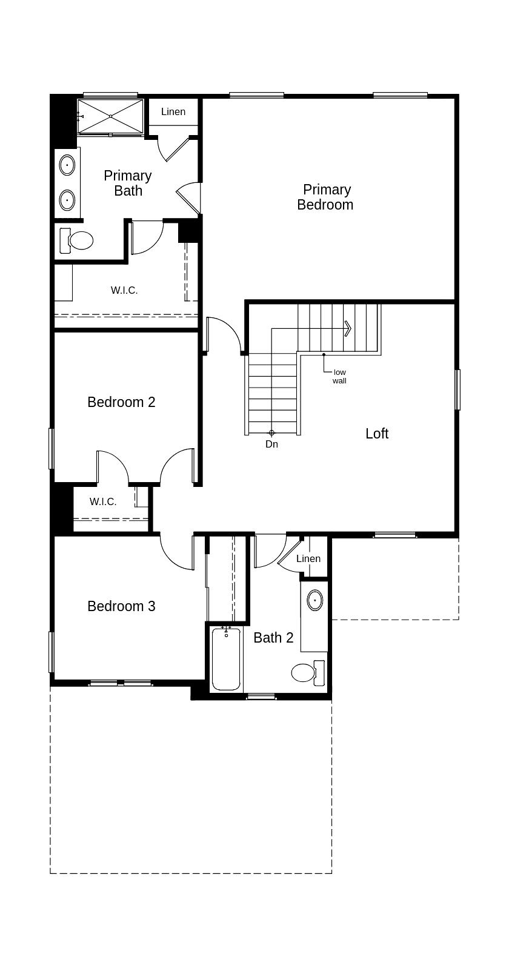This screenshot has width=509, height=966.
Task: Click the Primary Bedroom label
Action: pos(325,197)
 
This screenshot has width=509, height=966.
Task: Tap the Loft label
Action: pos(377,434)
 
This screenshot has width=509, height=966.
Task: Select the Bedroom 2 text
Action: pos(121,402)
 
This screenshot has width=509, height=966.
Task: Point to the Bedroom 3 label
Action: pos(121,606)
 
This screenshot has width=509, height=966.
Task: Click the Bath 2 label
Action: pos(273,638)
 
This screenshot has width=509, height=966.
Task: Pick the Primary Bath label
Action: pos(128,183)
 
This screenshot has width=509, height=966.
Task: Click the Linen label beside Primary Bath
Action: pos(173,112)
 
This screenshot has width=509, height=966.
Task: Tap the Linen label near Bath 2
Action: pos(308,558)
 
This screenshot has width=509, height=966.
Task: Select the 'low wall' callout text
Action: pos(339,376)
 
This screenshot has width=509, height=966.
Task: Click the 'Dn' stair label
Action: pos(271,444)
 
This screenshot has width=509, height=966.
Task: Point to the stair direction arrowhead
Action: pos(348,328)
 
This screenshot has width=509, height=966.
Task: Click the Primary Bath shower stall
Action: pos(111,116)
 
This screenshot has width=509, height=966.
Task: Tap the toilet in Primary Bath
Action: pos(77,240)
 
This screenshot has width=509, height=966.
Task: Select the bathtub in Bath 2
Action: pos(226,659)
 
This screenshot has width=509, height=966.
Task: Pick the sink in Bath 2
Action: pos(314,600)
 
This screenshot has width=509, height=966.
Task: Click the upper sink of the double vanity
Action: pos(67,165)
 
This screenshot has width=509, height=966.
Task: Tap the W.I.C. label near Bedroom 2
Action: pos(103,501)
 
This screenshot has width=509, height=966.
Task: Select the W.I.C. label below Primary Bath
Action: pos(124,291)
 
